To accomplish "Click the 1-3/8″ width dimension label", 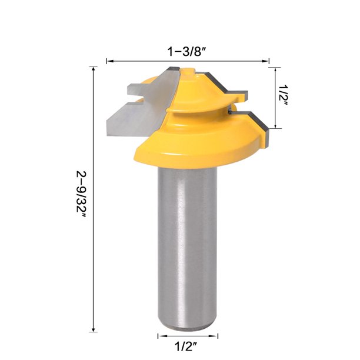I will (186, 51).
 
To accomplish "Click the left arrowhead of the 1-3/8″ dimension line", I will (109, 60).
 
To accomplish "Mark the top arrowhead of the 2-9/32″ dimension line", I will (94, 70).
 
